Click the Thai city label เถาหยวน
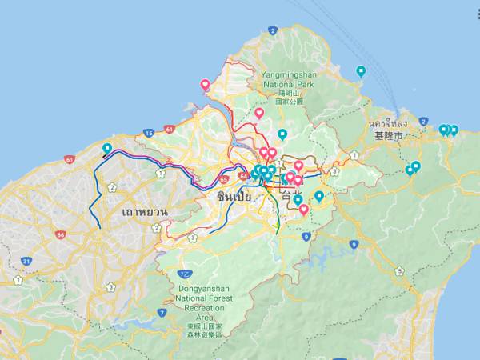(x=145, y=212)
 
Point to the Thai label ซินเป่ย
(x=234, y=196)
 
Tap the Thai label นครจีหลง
(x=387, y=124)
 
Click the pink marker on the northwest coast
(x=205, y=85)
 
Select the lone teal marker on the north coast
(x=361, y=71)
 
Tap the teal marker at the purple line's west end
(x=107, y=148)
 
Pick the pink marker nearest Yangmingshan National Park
(x=259, y=114)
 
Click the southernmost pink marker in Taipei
(x=304, y=210)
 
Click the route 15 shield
(x=149, y=133)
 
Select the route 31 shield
(x=26, y=262)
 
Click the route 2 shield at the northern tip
(x=273, y=31)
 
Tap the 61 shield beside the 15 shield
(x=169, y=128)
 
